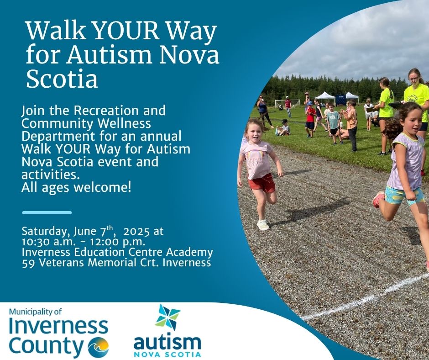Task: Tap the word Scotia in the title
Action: click(62, 79)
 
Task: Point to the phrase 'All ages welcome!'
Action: click(76, 188)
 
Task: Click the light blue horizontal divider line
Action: click(47, 212)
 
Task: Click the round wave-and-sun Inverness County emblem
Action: click(98, 347)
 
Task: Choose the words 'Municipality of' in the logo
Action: click(35, 312)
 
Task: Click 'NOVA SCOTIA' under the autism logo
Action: click(167, 354)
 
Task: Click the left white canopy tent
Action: click(325, 97)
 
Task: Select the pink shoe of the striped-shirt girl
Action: click(378, 199)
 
